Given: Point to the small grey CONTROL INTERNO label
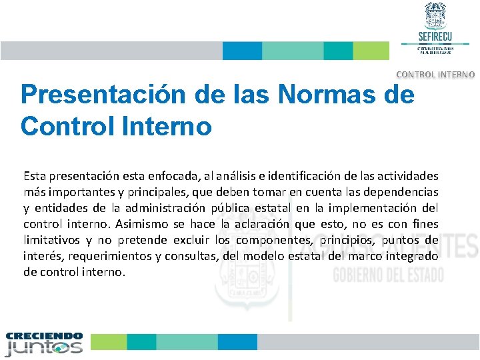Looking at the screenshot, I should [436, 75].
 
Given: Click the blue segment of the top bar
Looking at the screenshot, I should [242, 51].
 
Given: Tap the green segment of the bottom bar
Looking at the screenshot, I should [109, 342].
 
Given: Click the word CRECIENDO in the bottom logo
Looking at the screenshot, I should [44, 336].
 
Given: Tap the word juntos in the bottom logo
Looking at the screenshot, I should [44, 347].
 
